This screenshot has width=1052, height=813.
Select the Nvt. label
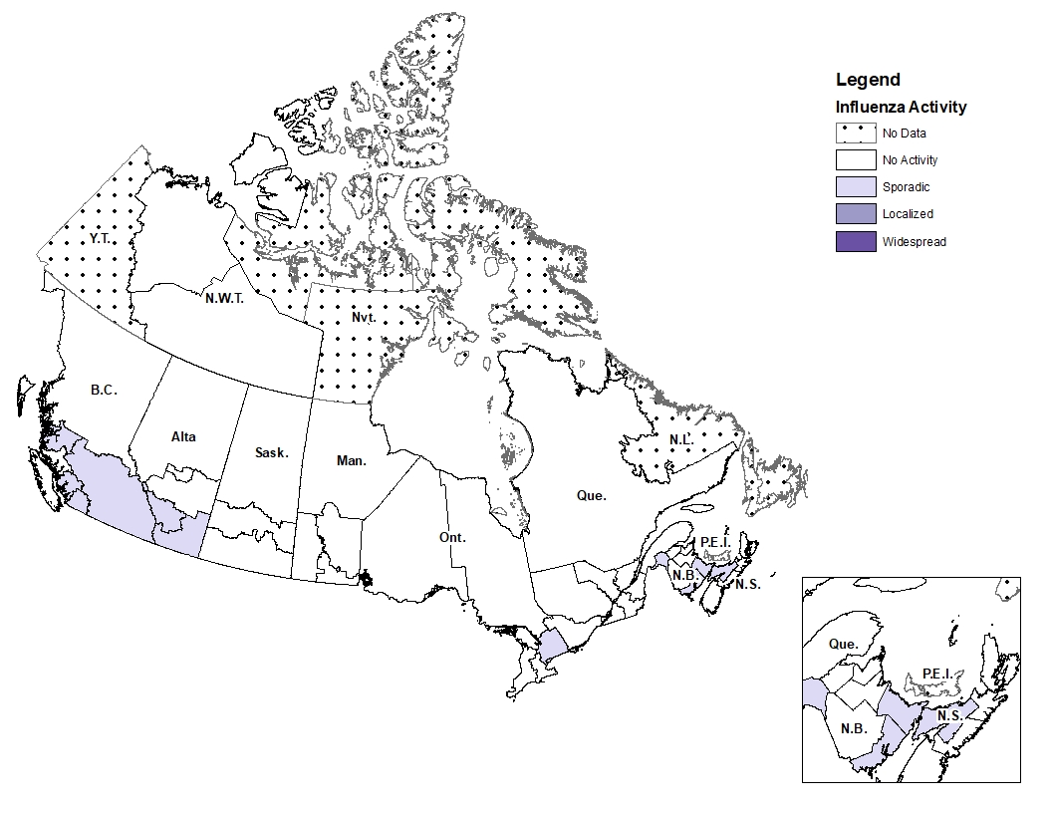click(363, 318)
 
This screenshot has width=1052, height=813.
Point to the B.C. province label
click(104, 391)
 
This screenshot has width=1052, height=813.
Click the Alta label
click(183, 436)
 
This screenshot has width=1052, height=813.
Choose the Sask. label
click(271, 452)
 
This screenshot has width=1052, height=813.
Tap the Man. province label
click(351, 460)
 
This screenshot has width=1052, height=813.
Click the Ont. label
click(452, 537)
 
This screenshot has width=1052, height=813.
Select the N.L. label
click(682, 439)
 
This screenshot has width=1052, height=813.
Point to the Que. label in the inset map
click(843, 644)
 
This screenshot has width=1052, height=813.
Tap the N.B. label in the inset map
click(853, 728)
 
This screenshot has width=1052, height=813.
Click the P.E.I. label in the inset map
click(935, 675)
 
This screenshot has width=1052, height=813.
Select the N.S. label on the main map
click(747, 584)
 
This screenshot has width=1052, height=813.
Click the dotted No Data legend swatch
click(856, 133)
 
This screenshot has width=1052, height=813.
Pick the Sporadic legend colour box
click(856, 186)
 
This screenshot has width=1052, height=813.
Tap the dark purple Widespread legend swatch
click(856, 241)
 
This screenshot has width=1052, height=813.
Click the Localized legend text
click(908, 214)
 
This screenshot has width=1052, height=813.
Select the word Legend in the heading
click(868, 80)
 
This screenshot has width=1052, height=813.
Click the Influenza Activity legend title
click(901, 107)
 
